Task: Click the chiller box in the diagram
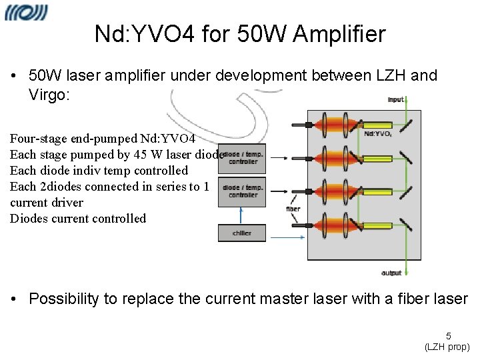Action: pyautogui.click(x=241, y=233)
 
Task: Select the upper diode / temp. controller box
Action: pyautogui.click(x=242, y=157)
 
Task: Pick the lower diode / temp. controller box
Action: pyautogui.click(x=242, y=191)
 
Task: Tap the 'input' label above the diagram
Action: pyautogui.click(x=396, y=99)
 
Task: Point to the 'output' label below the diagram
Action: pyautogui.click(x=391, y=273)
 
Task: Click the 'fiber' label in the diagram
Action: pyautogui.click(x=293, y=209)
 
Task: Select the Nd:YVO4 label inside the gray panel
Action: pyautogui.click(x=378, y=133)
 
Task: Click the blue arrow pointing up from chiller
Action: pyautogui.click(x=241, y=215)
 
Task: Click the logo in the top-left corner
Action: pyautogui.click(x=26, y=13)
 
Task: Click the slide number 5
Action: pyautogui.click(x=449, y=337)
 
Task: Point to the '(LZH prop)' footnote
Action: pyautogui.click(x=447, y=347)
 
